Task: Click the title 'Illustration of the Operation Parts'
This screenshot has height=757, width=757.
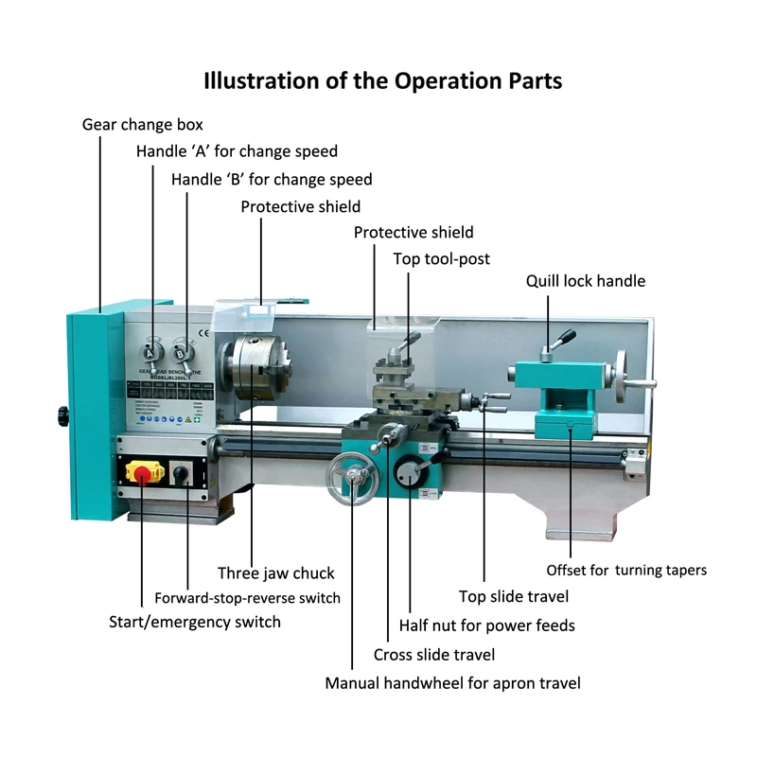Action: (383, 80)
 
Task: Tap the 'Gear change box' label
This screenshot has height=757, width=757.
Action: (142, 124)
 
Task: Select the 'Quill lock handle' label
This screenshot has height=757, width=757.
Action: (586, 281)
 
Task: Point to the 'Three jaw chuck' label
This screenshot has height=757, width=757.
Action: (275, 573)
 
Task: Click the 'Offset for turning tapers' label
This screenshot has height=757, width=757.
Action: (626, 571)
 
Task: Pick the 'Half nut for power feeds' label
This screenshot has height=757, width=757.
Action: (486, 625)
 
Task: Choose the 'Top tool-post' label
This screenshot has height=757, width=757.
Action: (442, 259)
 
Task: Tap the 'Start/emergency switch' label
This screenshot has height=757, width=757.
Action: (195, 622)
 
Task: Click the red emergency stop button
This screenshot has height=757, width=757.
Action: (143, 471)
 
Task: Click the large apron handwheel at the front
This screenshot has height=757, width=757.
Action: (352, 477)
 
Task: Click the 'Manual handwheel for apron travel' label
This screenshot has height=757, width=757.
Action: (453, 683)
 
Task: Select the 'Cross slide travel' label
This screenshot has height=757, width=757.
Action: (434, 655)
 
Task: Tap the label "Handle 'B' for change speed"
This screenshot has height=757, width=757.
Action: (272, 180)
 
